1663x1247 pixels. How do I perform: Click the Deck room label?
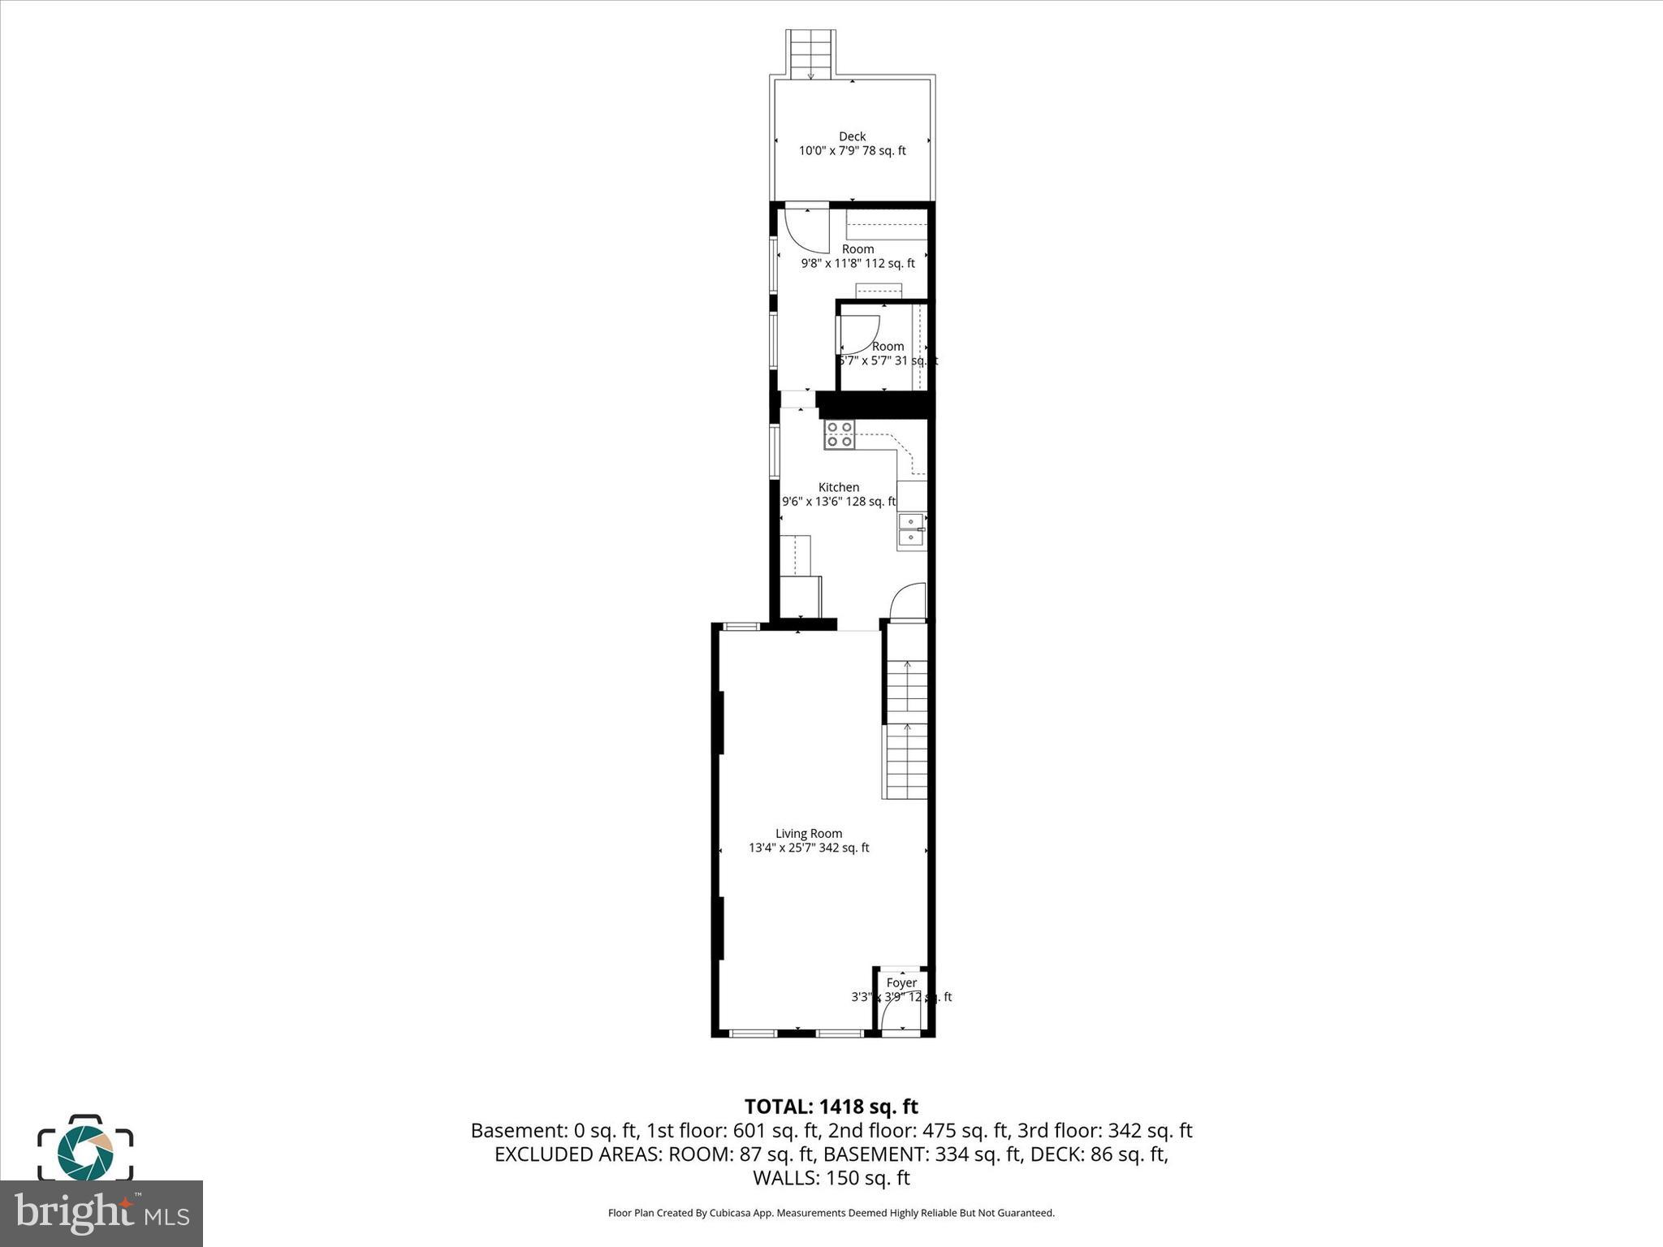(x=852, y=136)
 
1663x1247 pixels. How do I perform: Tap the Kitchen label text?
(x=838, y=487)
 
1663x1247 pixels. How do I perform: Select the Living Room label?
(x=809, y=833)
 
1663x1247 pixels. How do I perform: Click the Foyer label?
(x=901, y=982)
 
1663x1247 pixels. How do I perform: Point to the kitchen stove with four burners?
(x=840, y=434)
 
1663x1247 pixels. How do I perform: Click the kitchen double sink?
(x=912, y=529)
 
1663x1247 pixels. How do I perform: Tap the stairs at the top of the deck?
(x=810, y=54)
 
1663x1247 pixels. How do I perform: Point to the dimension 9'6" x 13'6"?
(x=813, y=502)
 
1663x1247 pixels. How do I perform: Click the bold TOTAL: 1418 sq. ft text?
(x=831, y=1107)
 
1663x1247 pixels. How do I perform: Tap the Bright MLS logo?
(x=102, y=1213)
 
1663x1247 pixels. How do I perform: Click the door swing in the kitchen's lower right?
(x=909, y=601)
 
